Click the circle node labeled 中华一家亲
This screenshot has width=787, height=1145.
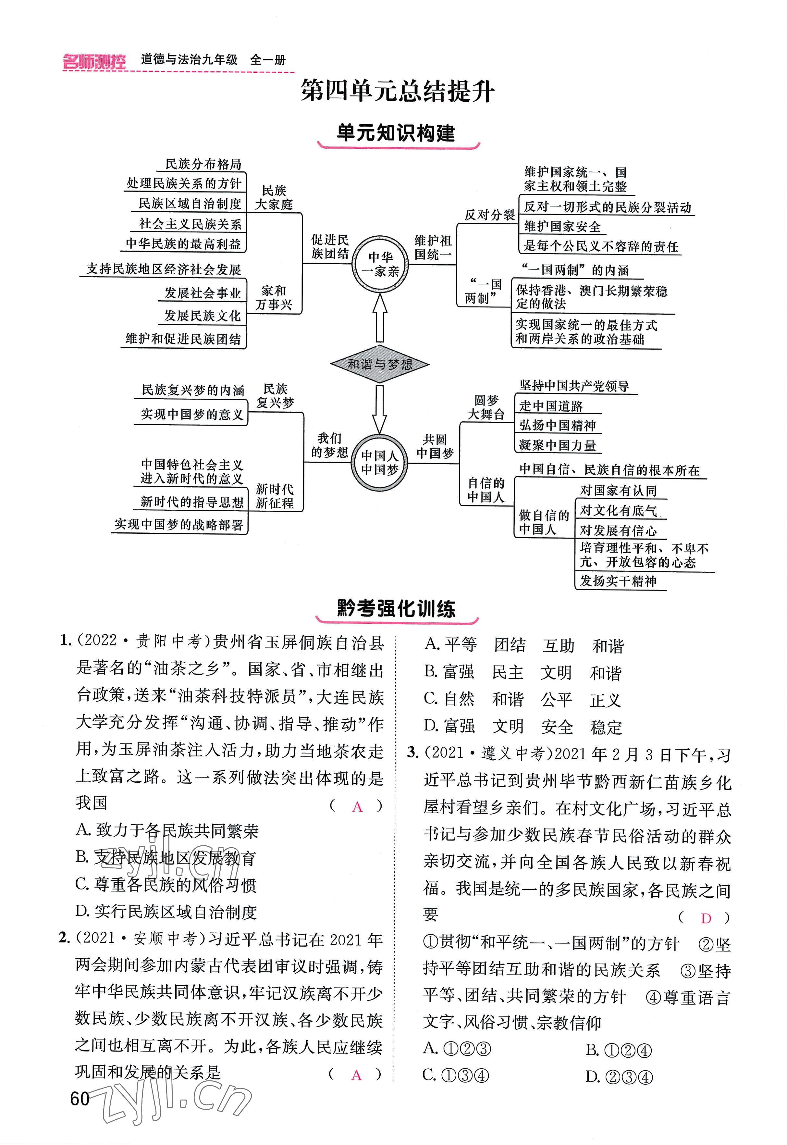[x=380, y=264]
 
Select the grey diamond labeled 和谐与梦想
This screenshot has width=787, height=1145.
[x=379, y=364]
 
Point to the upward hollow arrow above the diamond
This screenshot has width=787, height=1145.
[x=380, y=318]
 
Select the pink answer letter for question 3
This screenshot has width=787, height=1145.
[x=706, y=918]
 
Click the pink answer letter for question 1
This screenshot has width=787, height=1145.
[x=357, y=807]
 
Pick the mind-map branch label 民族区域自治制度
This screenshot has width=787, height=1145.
[x=190, y=204]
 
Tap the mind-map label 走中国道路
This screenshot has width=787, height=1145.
[x=551, y=406]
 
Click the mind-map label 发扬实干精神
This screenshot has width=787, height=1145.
[x=618, y=581]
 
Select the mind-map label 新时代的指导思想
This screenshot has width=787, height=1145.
[x=192, y=502]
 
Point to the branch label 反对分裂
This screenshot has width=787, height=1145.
[x=489, y=215]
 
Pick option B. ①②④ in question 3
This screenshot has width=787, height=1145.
[x=619, y=1050]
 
